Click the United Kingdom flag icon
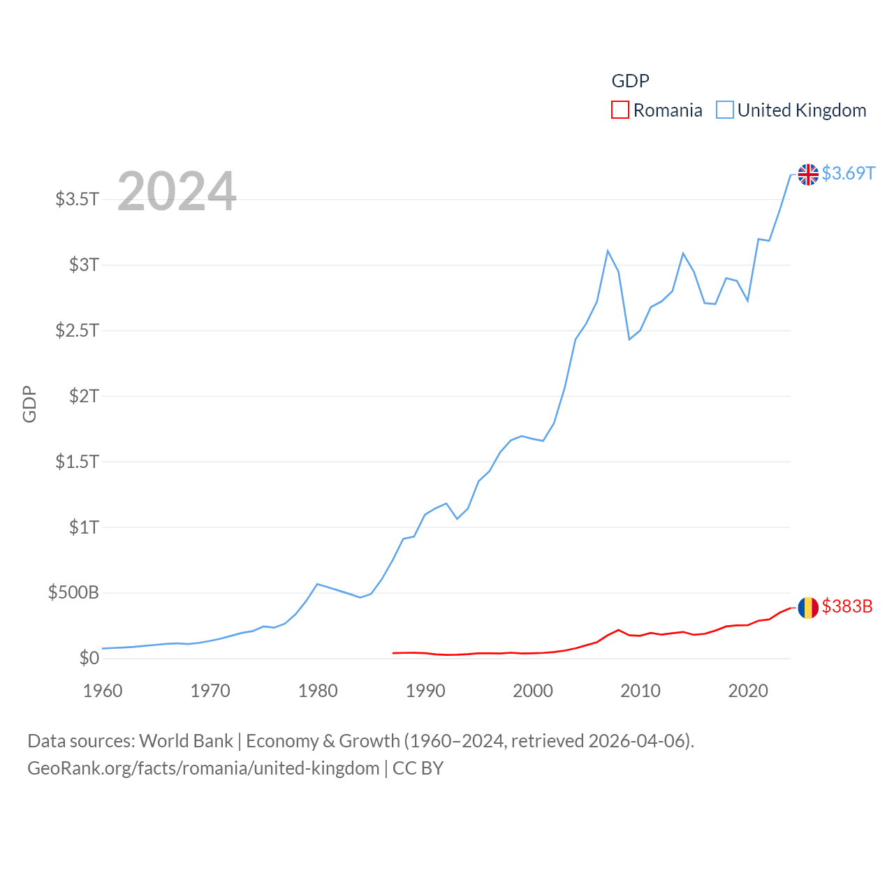coord(808,174)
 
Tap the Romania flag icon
coord(808,608)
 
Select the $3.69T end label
coord(848,173)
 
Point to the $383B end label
coord(847,606)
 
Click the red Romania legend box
coord(620,110)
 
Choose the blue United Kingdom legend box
coord(725,110)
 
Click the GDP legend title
coord(630,81)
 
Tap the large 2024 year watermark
coord(177,191)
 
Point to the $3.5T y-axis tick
coord(78,199)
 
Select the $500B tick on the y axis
coord(73,593)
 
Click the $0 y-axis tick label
coord(89,658)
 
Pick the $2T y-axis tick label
coord(84,396)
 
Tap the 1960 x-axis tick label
coord(103,691)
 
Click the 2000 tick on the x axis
coord(533,691)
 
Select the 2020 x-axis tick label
coord(748,691)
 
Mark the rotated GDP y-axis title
coord(29,404)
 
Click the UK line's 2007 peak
coord(608,250)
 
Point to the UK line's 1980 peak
coord(318,584)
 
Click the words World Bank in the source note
coord(186,740)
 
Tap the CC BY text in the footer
coord(418,768)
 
